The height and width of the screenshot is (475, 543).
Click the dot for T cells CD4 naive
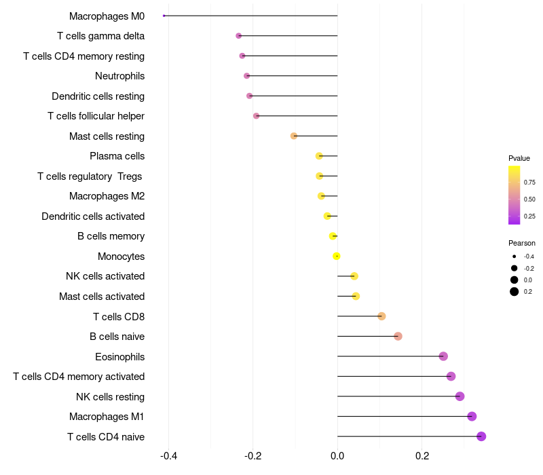point(481,436)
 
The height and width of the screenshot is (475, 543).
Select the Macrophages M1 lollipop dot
point(472,417)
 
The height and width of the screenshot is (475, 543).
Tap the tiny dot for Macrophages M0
point(164,16)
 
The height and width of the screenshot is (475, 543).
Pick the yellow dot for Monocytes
point(337,256)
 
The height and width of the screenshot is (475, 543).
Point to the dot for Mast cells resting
point(294,136)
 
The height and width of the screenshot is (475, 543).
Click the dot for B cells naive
point(398,337)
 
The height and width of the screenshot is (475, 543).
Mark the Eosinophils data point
point(443,356)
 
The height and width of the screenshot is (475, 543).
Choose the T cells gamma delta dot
point(238,35)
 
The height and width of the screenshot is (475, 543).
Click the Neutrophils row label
point(119,76)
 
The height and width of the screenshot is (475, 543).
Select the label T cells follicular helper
point(96,116)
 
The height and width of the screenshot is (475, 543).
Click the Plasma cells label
point(117,156)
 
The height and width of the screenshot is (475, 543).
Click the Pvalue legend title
point(519,158)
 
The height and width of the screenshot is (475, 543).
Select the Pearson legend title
point(521,243)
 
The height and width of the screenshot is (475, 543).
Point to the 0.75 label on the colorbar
point(529,183)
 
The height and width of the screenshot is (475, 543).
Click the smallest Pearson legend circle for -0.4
point(514,256)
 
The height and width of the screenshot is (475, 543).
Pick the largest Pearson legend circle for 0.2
point(514,292)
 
